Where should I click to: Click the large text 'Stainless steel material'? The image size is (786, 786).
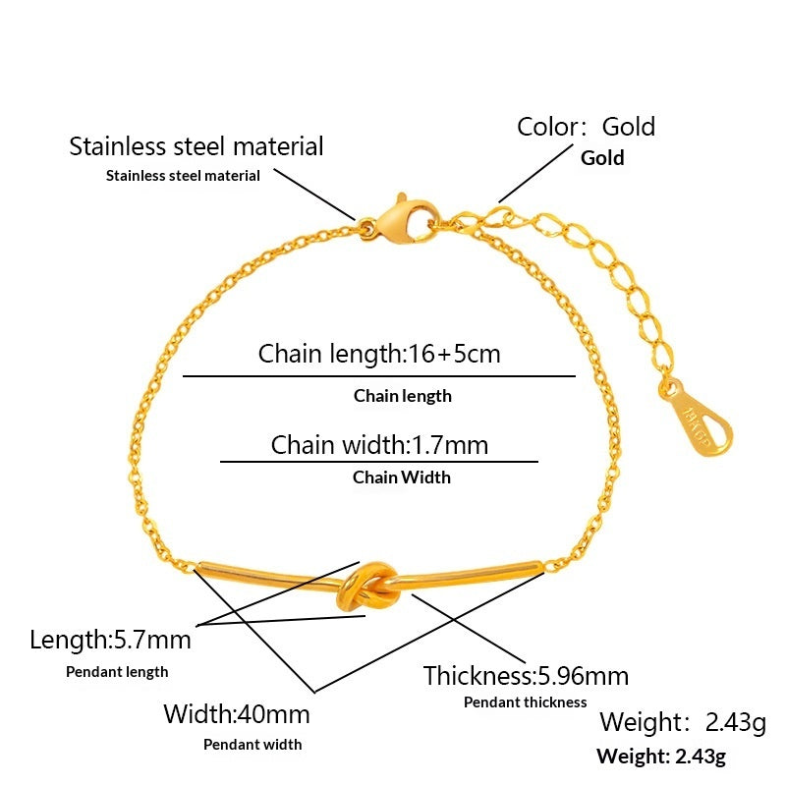coord(196,146)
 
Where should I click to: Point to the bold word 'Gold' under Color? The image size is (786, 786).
coord(602,158)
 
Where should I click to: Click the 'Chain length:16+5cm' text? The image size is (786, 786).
coord(379,354)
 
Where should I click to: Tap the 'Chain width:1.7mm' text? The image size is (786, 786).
coord(379,445)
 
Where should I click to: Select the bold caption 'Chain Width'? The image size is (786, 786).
coord(402,477)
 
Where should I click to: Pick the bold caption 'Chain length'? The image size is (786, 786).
coord(403,396)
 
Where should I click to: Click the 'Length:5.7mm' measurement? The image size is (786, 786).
coord(110,640)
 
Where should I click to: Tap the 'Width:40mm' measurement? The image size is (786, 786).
coord(237,714)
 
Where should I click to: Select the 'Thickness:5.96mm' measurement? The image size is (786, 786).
coord(526,676)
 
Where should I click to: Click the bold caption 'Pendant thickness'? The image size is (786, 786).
coord(525,702)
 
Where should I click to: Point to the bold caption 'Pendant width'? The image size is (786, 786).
coord(253,745)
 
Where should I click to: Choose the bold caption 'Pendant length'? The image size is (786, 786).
coord(117,672)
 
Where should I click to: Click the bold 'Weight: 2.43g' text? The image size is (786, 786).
coord(661,756)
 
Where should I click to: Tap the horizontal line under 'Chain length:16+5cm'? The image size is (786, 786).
coord(379,376)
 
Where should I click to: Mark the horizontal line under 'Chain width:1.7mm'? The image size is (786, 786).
coord(379,462)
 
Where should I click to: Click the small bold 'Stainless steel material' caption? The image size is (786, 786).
coord(183,176)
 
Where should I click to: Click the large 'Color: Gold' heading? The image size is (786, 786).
coord(586,127)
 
